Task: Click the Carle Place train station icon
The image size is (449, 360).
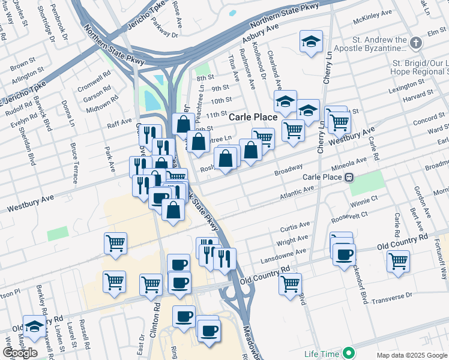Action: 348,177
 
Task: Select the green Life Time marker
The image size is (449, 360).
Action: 346,353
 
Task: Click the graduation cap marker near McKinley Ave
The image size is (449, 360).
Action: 311,41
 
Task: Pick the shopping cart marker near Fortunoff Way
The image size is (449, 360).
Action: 398,261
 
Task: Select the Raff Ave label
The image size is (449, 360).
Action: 119,123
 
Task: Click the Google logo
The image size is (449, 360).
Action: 20,353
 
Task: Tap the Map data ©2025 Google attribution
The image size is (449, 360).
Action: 412,355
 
